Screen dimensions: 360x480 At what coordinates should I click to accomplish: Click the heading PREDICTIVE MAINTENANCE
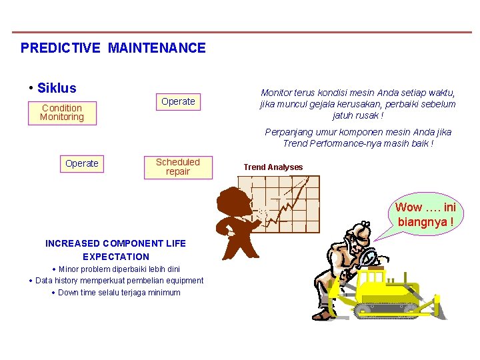[x=113, y=48]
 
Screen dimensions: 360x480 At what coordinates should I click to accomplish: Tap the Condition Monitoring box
[x=62, y=113]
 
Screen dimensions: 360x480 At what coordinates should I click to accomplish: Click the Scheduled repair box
[x=178, y=167]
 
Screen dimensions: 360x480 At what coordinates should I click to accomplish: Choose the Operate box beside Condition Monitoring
[x=178, y=101]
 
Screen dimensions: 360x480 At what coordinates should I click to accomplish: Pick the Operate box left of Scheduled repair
[x=82, y=163]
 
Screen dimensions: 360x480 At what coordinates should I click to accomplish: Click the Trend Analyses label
[x=273, y=167]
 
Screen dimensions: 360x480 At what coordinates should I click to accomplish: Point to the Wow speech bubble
[x=425, y=214]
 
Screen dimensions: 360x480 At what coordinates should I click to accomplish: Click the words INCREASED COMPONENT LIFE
[x=115, y=243]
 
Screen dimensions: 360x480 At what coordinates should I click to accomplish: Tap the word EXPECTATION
[x=116, y=257]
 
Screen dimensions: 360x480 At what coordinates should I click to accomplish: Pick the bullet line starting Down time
[x=118, y=292]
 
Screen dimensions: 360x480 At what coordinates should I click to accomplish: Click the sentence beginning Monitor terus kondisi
[x=357, y=103]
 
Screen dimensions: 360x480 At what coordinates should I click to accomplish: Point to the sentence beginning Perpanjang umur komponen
[x=358, y=138]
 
